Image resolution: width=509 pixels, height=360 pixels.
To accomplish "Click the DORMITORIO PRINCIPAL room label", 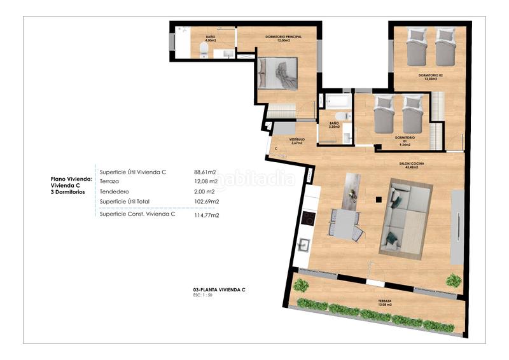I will click(x=283, y=38).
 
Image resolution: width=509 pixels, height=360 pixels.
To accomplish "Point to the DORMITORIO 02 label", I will click(x=430, y=76).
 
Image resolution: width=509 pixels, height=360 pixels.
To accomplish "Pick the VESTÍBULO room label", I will click(x=297, y=140).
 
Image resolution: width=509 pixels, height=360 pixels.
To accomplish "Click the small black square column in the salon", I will click(x=378, y=200).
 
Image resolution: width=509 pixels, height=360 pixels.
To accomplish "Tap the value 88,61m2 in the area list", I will click(x=205, y=172).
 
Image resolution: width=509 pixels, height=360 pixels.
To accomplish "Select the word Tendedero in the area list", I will click(x=115, y=191).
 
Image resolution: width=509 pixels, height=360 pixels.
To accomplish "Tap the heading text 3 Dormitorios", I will click(x=68, y=191).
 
